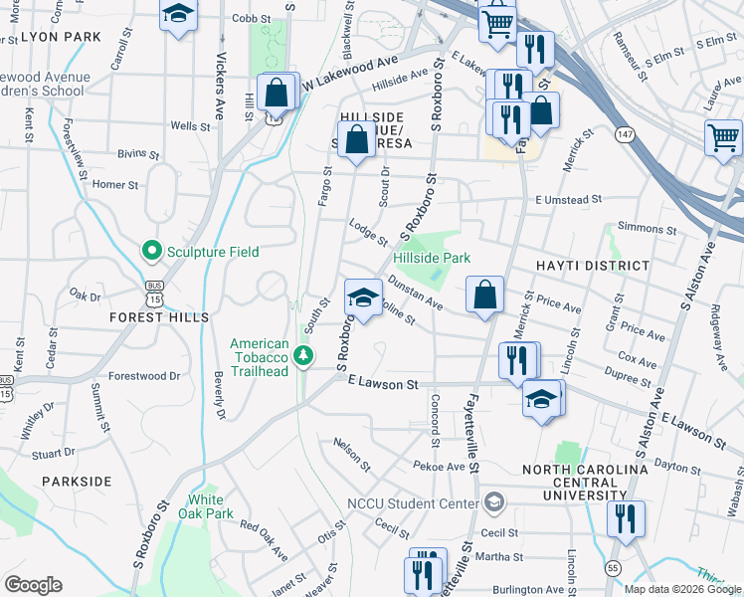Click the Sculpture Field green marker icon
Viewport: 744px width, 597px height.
(x=151, y=252)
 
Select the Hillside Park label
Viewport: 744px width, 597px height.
(x=431, y=258)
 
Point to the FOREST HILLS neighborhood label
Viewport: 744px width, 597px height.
(x=161, y=317)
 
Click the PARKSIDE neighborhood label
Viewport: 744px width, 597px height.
(x=77, y=481)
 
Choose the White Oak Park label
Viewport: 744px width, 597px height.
(x=210, y=506)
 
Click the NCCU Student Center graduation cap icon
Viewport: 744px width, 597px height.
(x=492, y=502)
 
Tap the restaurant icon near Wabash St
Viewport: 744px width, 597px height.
(x=626, y=518)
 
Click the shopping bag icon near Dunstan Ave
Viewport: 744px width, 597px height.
(x=484, y=295)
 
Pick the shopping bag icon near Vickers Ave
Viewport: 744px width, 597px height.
(x=276, y=93)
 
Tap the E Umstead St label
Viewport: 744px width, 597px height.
(x=568, y=200)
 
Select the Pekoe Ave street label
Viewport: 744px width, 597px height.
(x=440, y=466)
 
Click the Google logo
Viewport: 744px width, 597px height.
(x=33, y=585)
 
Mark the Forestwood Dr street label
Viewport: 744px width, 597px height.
(x=144, y=376)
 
